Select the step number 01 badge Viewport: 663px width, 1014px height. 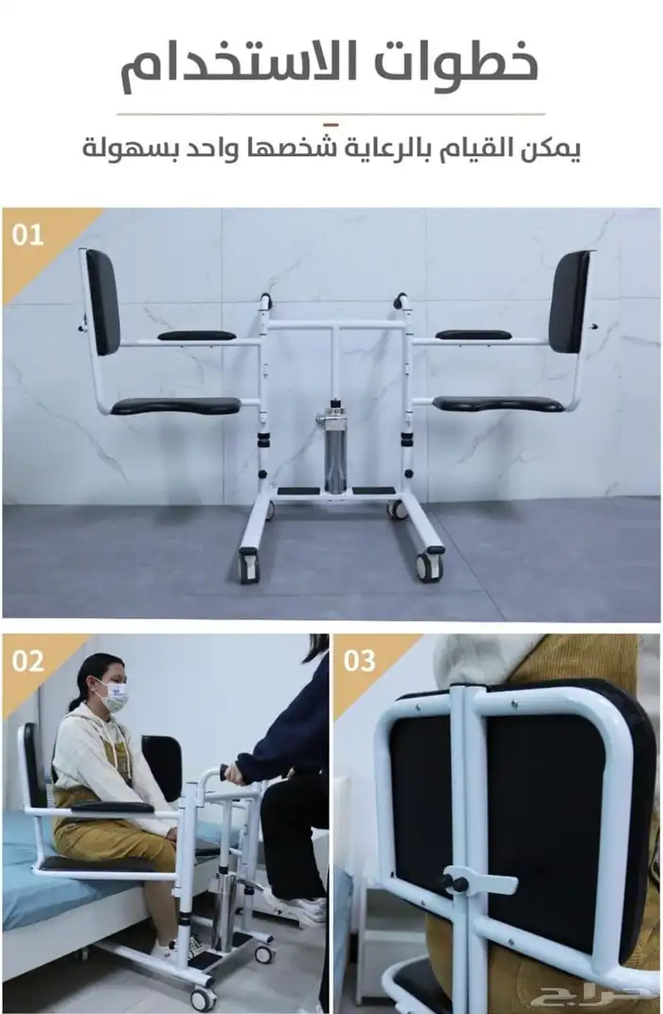click(27, 235)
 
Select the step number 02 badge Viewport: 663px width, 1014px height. click(27, 661)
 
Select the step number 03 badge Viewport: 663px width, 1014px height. click(360, 661)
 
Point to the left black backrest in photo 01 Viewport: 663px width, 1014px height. click(103, 301)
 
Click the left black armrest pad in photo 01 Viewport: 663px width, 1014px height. click(197, 335)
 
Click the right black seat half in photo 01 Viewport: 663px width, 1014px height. click(497, 404)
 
